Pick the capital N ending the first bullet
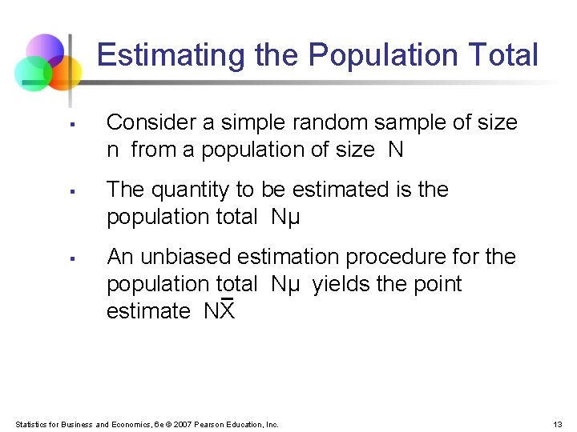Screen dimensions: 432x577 [x=395, y=150]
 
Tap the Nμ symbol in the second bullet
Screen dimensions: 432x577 [x=285, y=217]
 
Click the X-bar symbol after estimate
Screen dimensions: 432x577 [x=227, y=310]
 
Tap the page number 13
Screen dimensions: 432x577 [x=558, y=424]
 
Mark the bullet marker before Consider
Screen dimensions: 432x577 [x=71, y=124]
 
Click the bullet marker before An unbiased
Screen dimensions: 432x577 [x=71, y=258]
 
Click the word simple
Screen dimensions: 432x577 [x=248, y=122]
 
